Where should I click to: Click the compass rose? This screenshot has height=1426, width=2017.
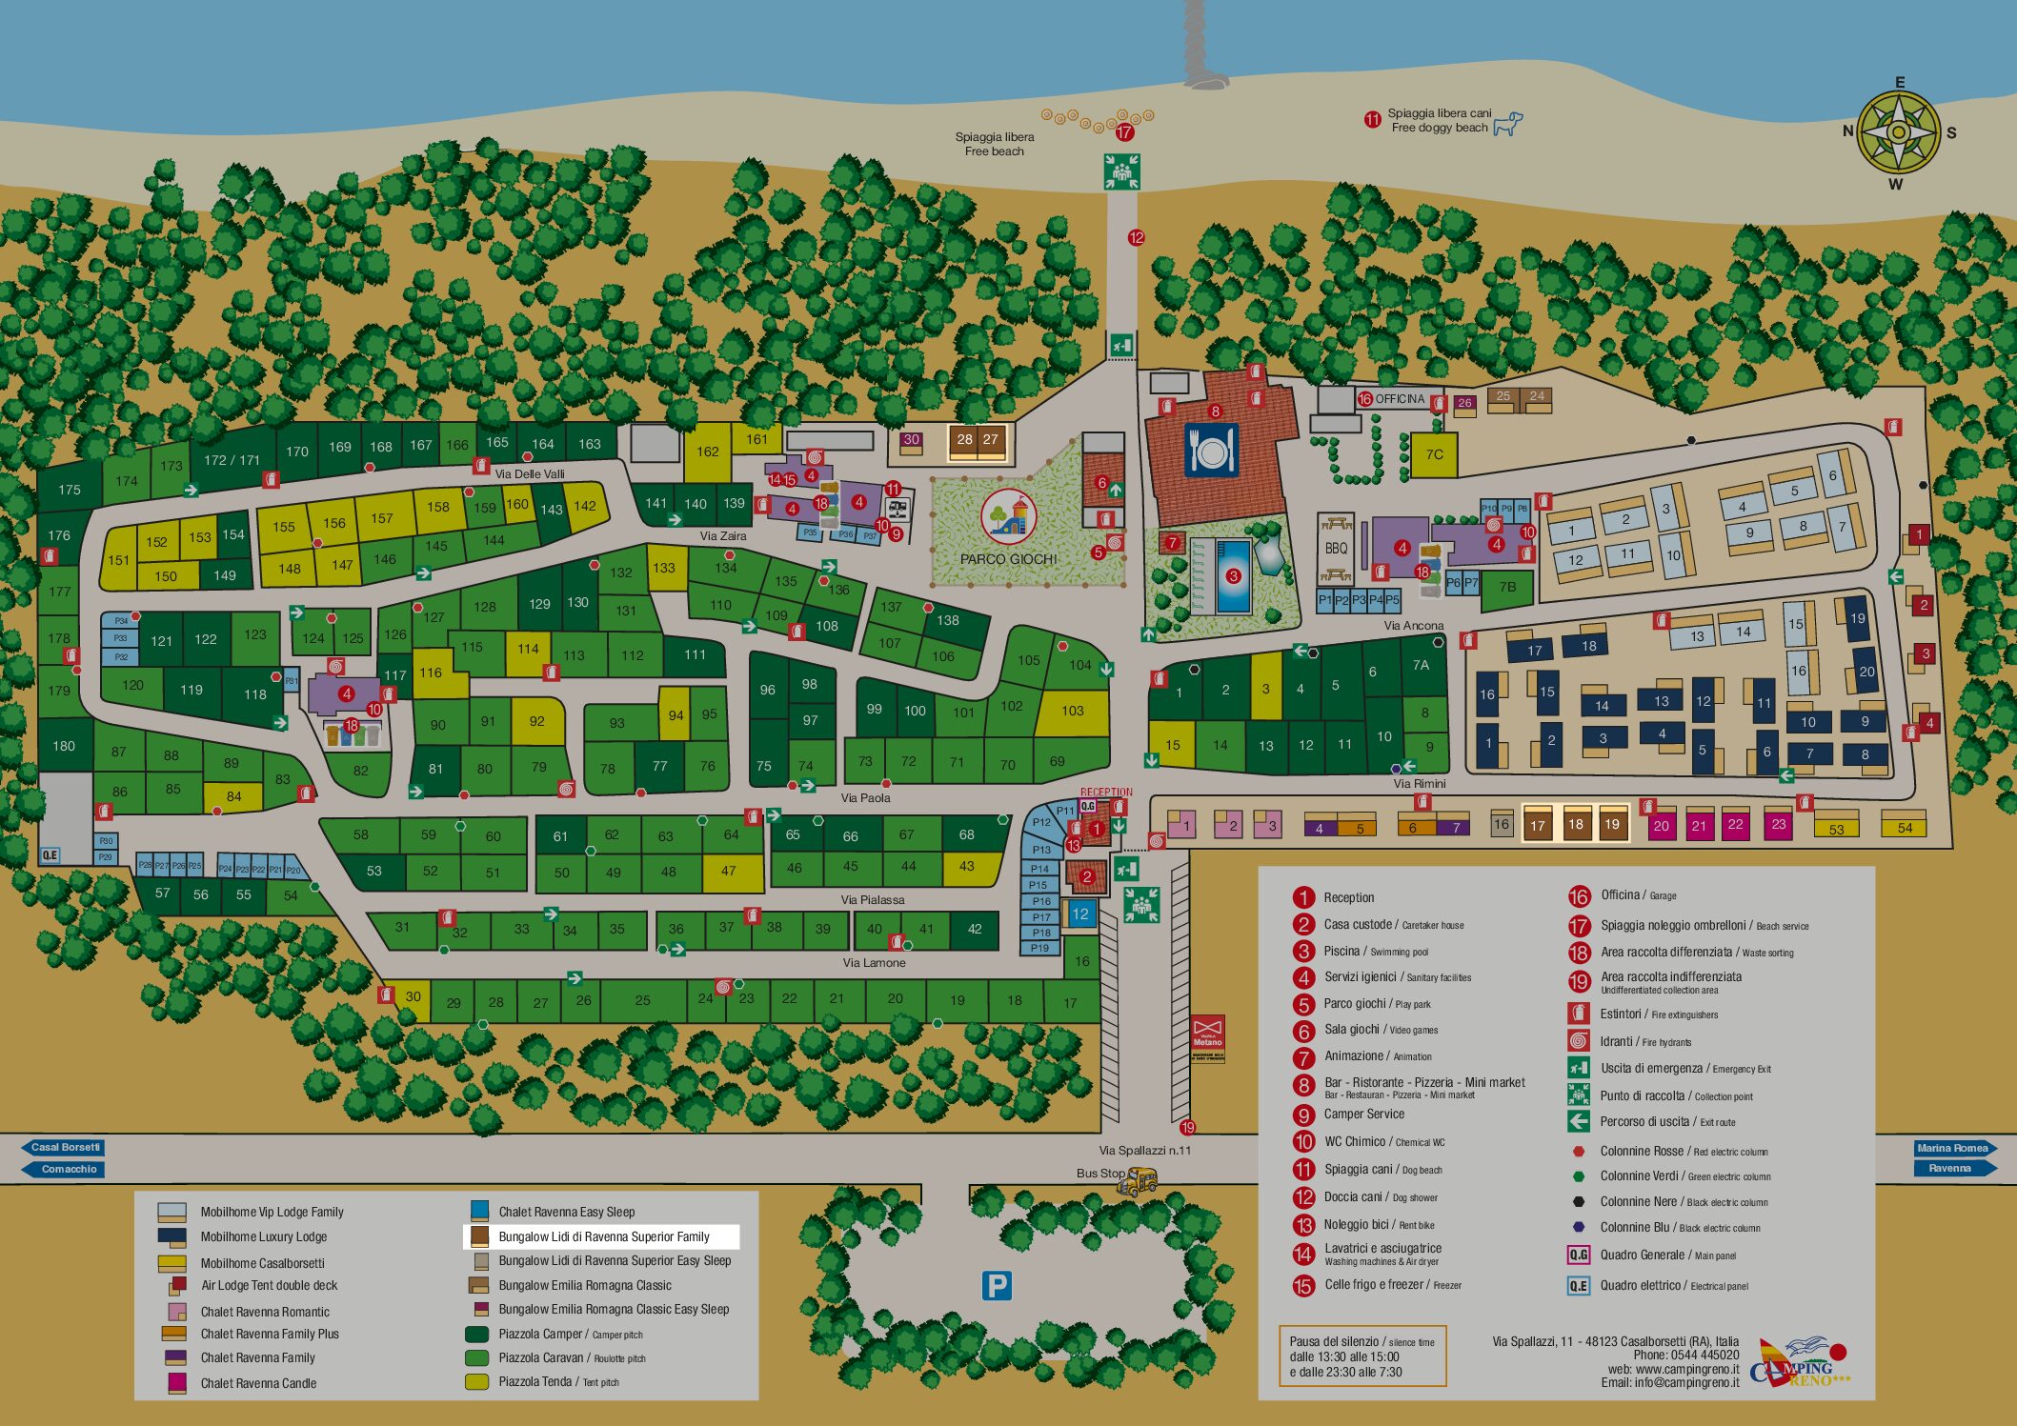tap(1898, 132)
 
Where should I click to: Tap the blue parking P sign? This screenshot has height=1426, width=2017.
tap(996, 1286)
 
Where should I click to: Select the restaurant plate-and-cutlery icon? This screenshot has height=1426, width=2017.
tap(1211, 451)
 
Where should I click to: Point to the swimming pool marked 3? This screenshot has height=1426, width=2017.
tap(1233, 575)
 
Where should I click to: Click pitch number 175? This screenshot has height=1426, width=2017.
tap(70, 490)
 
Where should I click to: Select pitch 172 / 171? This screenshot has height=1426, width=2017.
tap(232, 460)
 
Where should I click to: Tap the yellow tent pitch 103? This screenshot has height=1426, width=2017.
tap(1072, 711)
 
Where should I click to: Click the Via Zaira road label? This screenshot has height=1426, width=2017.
tap(723, 536)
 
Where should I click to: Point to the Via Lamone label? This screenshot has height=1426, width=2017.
tap(874, 963)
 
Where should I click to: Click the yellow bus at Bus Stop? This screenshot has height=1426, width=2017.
tap(1138, 1181)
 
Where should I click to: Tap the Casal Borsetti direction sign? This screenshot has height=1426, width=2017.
tap(64, 1147)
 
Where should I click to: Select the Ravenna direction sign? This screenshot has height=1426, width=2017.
tap(1950, 1168)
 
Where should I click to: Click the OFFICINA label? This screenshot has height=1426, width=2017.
tap(1400, 399)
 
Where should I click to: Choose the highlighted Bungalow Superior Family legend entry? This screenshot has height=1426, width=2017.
tap(602, 1236)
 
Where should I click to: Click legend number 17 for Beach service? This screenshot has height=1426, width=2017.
tap(1579, 925)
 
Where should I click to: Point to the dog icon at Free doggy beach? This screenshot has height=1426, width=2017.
tap(1507, 124)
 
